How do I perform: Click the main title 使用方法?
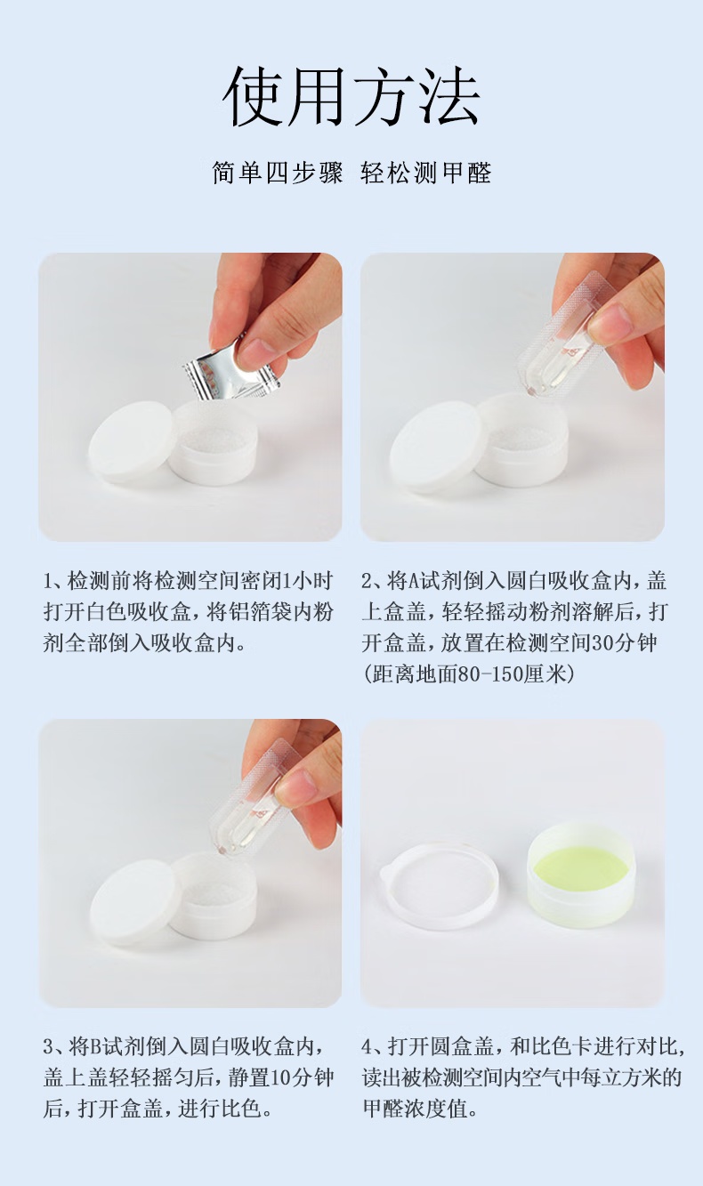(x=351, y=97)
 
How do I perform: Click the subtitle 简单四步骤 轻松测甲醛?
(x=351, y=173)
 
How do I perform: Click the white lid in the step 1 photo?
(x=130, y=442)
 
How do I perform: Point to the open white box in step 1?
(x=214, y=442)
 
